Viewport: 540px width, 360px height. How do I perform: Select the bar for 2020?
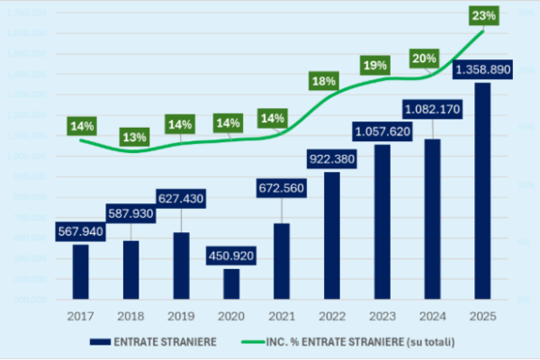click(x=231, y=283)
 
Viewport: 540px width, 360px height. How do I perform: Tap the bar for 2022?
click(x=332, y=235)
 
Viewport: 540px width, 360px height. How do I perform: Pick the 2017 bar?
click(x=81, y=271)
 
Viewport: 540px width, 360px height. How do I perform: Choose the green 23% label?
click(x=484, y=15)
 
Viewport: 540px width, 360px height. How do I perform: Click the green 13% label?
click(x=135, y=138)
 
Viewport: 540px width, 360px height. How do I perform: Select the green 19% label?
click(x=375, y=65)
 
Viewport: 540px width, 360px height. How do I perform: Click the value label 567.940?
click(x=81, y=231)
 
